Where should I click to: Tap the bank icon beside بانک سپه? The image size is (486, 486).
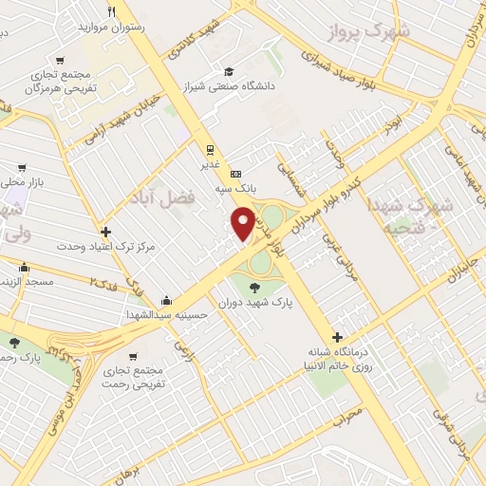pyautogui.click(x=235, y=174)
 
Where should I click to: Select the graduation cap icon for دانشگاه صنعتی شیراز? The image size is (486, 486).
pyautogui.click(x=228, y=71)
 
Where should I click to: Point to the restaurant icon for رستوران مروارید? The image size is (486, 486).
pyautogui.click(x=113, y=12)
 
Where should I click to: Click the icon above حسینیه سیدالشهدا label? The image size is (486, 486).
pyautogui.click(x=167, y=299)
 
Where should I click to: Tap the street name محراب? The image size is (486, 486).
pyautogui.click(x=347, y=415)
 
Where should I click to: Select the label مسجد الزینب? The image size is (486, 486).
pyautogui.click(x=28, y=283)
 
